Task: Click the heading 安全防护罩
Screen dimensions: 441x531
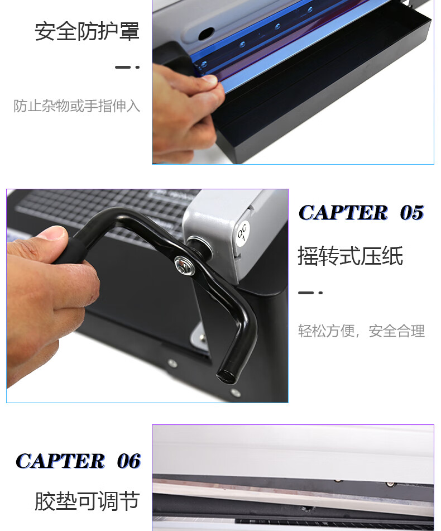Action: click(87, 31)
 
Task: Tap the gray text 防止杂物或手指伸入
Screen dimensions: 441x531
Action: click(77, 106)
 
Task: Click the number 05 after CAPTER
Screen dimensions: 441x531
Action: click(411, 213)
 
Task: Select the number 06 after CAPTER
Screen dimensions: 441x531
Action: click(128, 461)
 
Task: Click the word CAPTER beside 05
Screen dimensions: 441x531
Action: click(343, 213)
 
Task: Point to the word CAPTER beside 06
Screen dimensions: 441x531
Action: click(60, 461)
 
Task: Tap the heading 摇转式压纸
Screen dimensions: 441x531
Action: click(351, 256)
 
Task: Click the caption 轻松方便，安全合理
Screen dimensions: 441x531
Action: click(361, 331)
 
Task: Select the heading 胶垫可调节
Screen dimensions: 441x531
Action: click(87, 501)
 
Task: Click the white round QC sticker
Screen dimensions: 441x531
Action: click(242, 233)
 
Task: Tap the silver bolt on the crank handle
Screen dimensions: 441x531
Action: click(184, 265)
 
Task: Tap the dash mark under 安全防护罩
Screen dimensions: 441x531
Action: click(127, 67)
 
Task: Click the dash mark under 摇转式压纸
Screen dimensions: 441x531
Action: click(310, 293)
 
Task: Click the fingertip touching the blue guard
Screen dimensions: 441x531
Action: click(209, 80)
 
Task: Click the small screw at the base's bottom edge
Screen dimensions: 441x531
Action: click(236, 393)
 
